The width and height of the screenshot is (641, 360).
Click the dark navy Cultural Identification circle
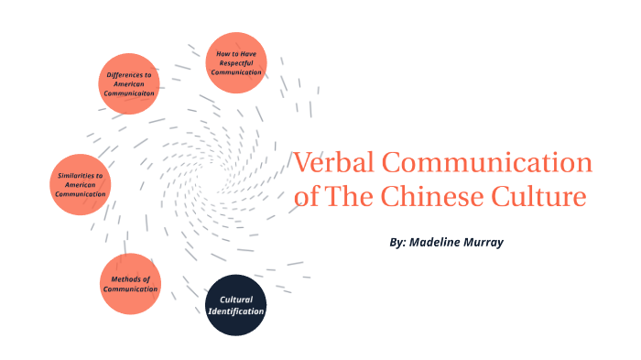click(x=235, y=306)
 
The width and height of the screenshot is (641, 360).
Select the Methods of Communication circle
click(x=129, y=284)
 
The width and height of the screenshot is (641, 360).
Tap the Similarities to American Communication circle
click(x=81, y=184)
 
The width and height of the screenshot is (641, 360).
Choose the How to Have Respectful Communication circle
click(x=235, y=62)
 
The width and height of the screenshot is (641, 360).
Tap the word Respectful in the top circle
click(x=236, y=62)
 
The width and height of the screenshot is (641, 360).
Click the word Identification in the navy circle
click(x=235, y=311)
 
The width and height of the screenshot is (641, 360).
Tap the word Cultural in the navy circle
click(x=235, y=300)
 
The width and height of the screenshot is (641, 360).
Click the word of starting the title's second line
click(x=309, y=197)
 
